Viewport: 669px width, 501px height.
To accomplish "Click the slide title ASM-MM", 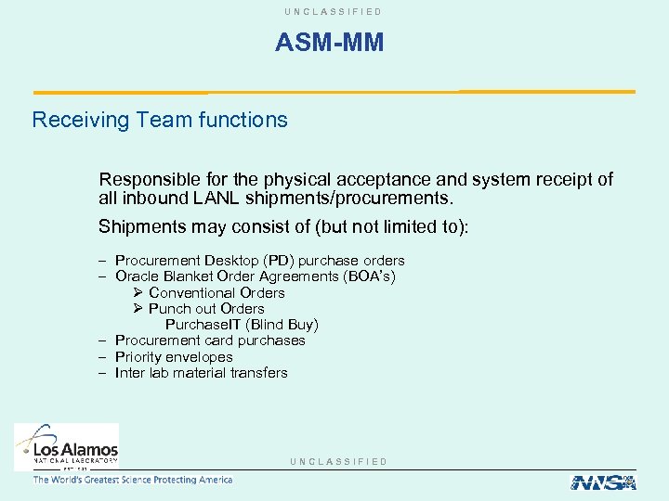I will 329,43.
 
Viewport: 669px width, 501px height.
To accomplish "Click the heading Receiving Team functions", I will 160,120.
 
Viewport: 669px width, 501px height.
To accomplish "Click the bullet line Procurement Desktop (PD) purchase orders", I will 259,261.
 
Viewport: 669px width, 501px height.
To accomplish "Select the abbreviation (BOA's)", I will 369,276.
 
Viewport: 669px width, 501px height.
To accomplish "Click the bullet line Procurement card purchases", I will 210,340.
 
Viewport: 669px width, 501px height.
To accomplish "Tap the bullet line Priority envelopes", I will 174,357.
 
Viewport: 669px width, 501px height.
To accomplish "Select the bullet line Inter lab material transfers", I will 201,373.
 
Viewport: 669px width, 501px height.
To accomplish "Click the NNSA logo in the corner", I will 602,482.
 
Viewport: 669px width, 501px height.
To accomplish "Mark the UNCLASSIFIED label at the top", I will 334,11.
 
